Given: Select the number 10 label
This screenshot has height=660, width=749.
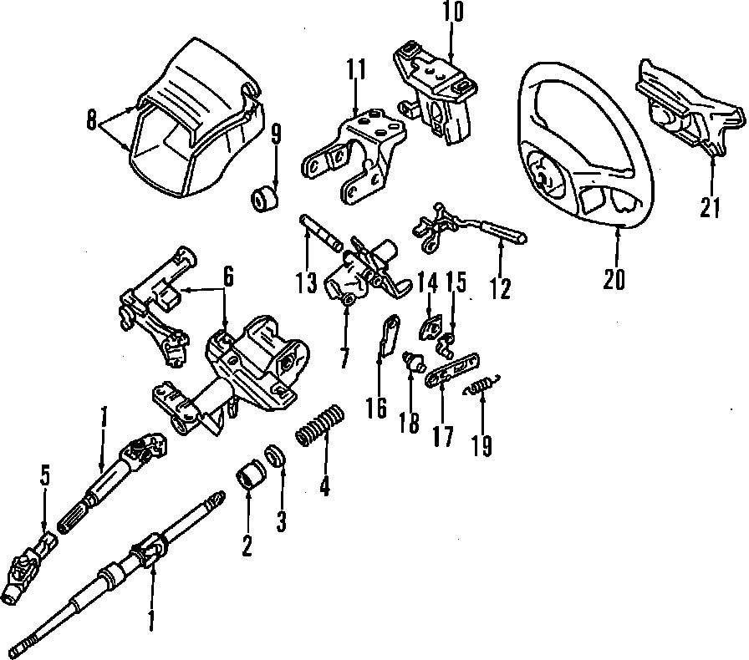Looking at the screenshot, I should pos(452,12).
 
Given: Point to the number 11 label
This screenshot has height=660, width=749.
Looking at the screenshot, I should pos(358,70).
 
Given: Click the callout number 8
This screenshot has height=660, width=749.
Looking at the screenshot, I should pos(91,121).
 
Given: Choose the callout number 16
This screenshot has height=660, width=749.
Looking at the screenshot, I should pos(376,407).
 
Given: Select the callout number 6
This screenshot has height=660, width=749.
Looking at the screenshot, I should pos(227,274).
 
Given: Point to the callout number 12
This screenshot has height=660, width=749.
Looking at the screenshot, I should pos(500,288).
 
